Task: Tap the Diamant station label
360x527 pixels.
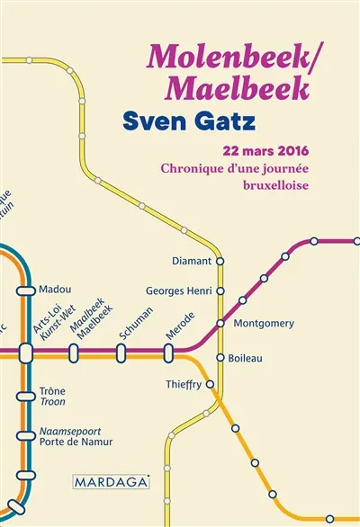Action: tap(191, 262)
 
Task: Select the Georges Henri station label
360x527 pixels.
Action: tap(178, 291)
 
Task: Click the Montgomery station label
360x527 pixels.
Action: tap(264, 323)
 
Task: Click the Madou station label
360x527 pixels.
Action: tap(55, 290)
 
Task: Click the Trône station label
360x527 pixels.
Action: tap(53, 392)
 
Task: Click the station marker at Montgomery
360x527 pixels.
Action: tap(220, 323)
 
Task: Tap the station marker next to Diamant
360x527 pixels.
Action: tap(220, 262)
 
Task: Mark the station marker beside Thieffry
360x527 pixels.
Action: tap(210, 384)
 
